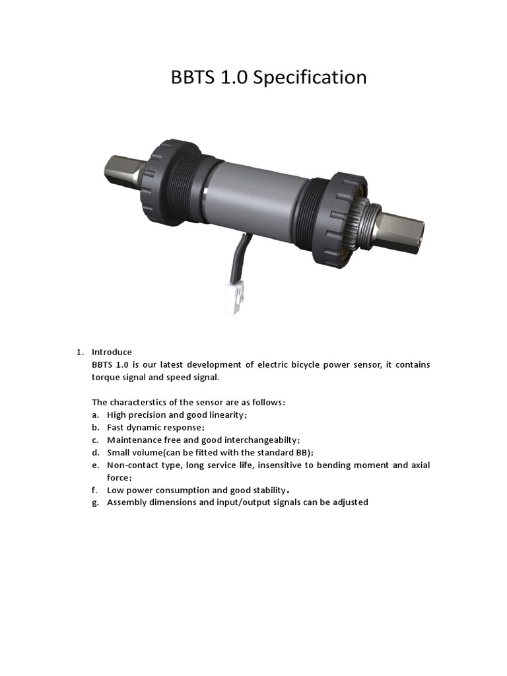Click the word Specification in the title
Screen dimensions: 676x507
pyautogui.click(x=310, y=78)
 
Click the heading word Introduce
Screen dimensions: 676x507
pyautogui.click(x=112, y=352)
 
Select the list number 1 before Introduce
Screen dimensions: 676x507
pyautogui.click(x=79, y=352)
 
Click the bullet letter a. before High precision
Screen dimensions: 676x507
pyautogui.click(x=96, y=415)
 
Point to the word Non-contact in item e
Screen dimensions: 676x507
pyautogui.click(x=131, y=465)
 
